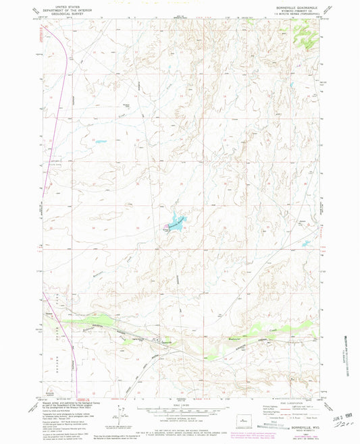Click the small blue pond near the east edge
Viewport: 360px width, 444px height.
[305, 244]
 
